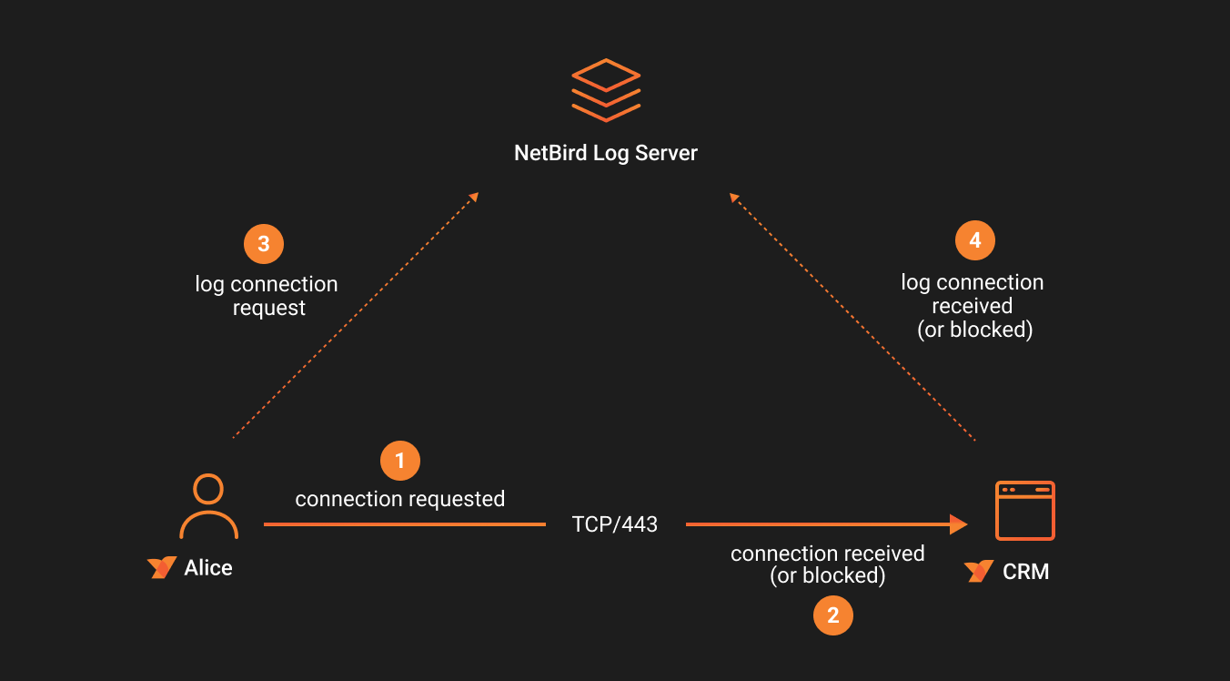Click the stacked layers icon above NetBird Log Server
(606, 90)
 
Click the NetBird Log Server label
(606, 153)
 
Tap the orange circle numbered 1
(399, 461)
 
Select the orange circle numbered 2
(832, 615)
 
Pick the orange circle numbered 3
(264, 244)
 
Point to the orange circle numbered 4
(974, 241)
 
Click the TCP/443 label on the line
(615, 524)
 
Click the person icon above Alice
(208, 506)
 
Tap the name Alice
(208, 568)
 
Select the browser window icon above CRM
(1024, 511)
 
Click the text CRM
(1025, 572)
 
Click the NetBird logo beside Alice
(162, 568)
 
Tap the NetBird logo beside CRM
(979, 572)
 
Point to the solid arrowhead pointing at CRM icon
(958, 524)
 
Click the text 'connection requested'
(399, 499)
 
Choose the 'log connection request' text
(267, 296)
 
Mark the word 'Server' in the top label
(667, 153)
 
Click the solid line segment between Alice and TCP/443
(404, 524)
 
